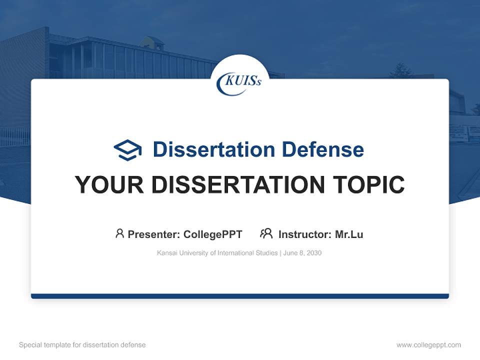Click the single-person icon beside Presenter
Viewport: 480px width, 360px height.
coord(119,233)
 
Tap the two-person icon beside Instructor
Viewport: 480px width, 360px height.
coord(266,233)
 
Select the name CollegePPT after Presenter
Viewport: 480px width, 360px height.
coord(212,234)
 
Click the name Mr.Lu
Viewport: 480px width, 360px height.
coord(349,234)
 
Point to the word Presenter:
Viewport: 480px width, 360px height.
coord(154,234)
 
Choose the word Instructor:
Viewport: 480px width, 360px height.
coord(304,234)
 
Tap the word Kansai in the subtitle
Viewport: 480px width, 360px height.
coord(166,253)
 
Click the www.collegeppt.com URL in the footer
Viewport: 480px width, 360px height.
coord(428,345)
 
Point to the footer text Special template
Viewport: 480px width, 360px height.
coord(42,345)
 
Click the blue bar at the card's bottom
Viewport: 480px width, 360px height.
coord(239,296)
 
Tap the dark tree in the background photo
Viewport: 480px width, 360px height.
coord(400,71)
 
